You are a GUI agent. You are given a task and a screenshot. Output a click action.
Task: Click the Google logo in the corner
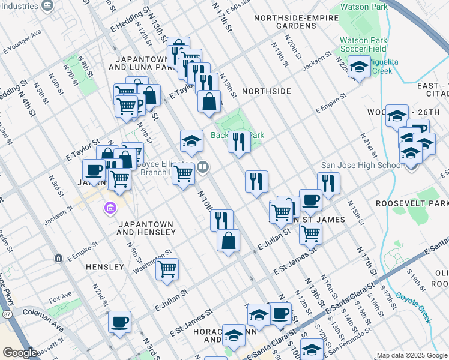point(19,353)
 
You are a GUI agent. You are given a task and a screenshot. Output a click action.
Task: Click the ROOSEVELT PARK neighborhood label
point(412,204)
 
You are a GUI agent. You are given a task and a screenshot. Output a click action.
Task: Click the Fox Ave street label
point(61,296)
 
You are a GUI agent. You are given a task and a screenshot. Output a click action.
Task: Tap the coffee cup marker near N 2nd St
point(119,321)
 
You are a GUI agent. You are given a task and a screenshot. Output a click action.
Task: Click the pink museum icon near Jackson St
point(109,209)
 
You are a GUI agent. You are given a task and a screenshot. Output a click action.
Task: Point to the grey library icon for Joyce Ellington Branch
point(203,167)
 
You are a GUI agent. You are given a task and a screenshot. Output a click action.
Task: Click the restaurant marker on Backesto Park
point(239,142)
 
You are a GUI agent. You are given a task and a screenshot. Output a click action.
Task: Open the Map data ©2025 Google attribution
point(412,355)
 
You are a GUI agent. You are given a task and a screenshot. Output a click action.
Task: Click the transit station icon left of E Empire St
point(58,258)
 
